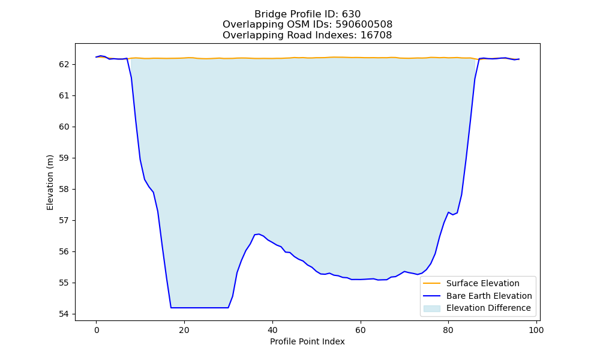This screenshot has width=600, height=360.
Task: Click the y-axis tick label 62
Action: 64,64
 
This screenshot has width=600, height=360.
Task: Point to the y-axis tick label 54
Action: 64,314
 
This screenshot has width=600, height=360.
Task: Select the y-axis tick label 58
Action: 64,190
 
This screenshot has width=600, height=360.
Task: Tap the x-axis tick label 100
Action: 536,330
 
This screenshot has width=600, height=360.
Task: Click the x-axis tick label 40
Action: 272,330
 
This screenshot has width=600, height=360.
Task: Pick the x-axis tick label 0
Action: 97,330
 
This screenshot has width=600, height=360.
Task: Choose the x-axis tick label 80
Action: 448,330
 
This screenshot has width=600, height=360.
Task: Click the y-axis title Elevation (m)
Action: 50,182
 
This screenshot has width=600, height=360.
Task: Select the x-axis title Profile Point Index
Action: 307,341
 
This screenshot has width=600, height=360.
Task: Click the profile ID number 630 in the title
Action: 351,14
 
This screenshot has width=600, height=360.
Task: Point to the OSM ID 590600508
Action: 364,25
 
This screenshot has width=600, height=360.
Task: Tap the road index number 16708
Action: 376,35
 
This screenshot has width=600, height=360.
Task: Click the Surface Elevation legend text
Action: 483,283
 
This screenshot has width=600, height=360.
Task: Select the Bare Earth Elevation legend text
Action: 489,296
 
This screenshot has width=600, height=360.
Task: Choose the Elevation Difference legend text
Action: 488,308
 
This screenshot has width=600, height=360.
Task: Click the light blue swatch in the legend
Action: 431,308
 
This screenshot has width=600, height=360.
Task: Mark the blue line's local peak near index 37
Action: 259,234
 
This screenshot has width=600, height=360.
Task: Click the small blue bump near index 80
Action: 448,213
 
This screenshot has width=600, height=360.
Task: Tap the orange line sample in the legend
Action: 431,283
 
